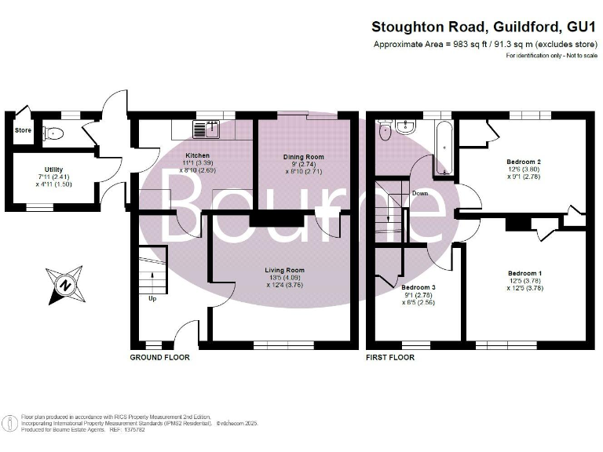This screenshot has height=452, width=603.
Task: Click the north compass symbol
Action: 64,286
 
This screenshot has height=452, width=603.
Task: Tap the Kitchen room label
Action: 197,155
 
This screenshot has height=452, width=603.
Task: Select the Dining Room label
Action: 303,157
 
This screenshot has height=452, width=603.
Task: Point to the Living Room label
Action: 283,271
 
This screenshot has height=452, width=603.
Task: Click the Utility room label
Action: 54,169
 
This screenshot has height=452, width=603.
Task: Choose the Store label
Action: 23,130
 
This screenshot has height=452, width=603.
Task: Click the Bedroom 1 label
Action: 524,273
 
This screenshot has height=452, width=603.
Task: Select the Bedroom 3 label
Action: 418,287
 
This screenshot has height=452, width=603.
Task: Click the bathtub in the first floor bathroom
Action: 443,148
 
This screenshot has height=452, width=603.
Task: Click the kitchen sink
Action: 210,126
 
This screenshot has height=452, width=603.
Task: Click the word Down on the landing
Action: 420,193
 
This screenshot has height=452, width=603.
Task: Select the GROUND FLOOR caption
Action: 159,357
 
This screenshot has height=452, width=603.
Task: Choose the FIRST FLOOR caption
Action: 390,357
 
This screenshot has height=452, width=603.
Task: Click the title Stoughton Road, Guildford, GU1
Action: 483,27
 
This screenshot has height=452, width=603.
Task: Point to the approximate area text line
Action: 485,45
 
